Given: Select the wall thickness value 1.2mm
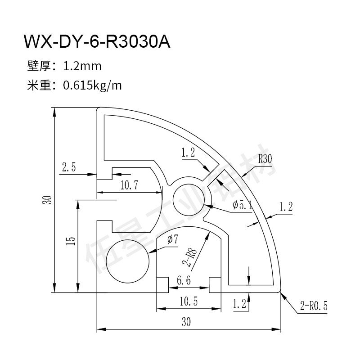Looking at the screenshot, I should pos(82,66).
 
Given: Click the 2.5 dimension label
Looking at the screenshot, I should pos(68,168).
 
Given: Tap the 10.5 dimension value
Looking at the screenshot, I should pos(188,302).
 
